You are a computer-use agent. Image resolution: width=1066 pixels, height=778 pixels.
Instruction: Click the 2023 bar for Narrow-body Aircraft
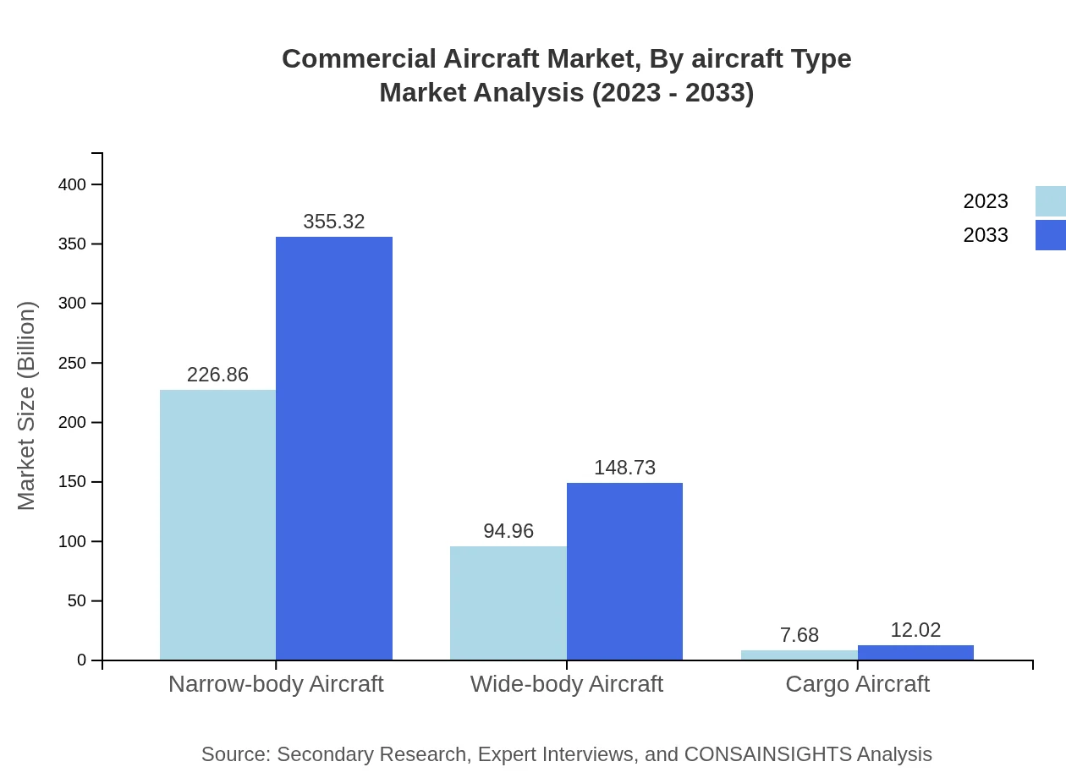click(x=217, y=524)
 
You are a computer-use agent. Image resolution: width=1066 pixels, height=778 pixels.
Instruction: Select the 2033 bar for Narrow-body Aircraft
click(x=334, y=448)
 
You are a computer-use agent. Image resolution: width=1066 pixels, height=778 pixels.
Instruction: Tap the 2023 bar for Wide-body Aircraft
click(x=508, y=603)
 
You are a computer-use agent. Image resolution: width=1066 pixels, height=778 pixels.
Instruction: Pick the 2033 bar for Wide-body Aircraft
click(x=624, y=571)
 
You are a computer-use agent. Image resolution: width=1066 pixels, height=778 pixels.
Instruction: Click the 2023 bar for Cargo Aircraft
click(x=799, y=655)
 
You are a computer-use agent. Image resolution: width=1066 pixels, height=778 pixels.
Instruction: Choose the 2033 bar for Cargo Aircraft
click(x=915, y=653)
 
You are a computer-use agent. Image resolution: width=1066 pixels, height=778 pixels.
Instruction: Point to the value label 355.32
click(x=334, y=222)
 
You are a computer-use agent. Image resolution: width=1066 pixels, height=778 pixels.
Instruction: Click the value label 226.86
click(x=217, y=375)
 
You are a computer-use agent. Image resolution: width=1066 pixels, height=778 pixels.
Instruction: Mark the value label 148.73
click(x=624, y=468)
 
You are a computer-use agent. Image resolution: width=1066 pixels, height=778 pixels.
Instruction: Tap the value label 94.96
click(x=508, y=531)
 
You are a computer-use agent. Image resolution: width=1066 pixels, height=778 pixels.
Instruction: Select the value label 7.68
click(x=799, y=635)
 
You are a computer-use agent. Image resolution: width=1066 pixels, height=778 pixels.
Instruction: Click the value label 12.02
click(x=915, y=630)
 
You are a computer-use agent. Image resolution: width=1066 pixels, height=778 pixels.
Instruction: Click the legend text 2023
click(x=986, y=201)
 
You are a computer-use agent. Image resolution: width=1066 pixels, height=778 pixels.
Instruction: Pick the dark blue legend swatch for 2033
click(x=1051, y=235)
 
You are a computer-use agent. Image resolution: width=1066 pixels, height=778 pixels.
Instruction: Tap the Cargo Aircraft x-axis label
click(x=857, y=683)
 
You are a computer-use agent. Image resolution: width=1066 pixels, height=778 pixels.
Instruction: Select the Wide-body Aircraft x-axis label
click(x=566, y=683)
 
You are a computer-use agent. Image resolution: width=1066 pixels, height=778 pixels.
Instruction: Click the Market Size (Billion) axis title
click(x=27, y=406)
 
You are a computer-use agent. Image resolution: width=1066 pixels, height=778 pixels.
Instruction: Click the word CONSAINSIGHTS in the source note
click(x=767, y=754)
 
